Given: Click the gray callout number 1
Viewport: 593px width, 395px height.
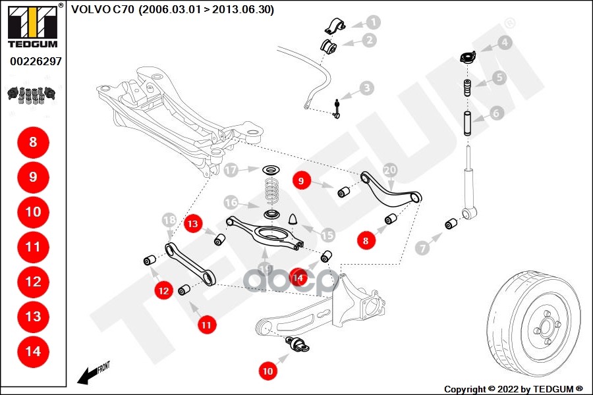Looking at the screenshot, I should click(x=374, y=22).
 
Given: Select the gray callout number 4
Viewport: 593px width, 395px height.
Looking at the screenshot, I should click(x=505, y=43).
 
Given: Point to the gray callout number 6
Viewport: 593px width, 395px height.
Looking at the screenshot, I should click(x=497, y=113).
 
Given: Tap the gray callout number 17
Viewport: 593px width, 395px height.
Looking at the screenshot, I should click(x=230, y=171).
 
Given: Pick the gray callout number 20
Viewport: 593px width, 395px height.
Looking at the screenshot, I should click(x=390, y=170).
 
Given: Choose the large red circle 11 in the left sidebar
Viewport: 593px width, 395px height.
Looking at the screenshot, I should click(x=33, y=247).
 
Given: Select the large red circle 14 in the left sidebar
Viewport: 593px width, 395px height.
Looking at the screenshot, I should click(x=33, y=352).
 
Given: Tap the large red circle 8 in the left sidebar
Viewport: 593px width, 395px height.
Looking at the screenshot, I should click(x=33, y=142).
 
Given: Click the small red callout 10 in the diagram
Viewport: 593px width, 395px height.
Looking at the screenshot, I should click(x=268, y=371).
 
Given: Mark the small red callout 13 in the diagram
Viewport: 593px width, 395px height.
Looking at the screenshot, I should click(x=192, y=224).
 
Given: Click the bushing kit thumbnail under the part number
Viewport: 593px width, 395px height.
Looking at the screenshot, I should click(x=32, y=95).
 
